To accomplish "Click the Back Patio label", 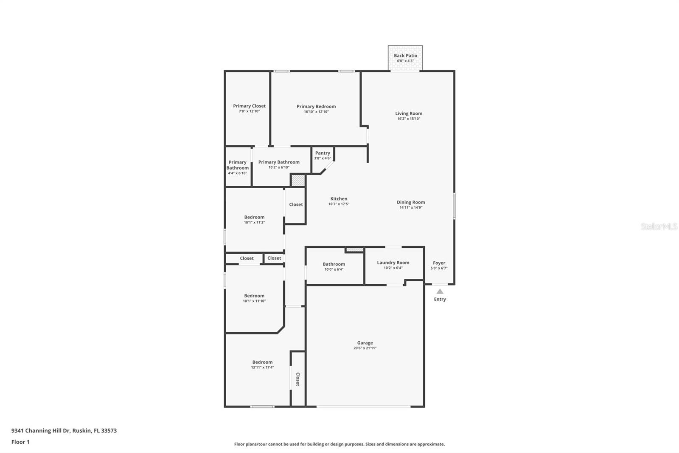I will [405, 56].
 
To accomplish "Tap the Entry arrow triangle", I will [440, 292].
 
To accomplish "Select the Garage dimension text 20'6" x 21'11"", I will [365, 348].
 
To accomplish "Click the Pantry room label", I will [323, 153].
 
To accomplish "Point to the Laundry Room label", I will [393, 263].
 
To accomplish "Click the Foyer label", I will [439, 263].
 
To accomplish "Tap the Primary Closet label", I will [249, 106].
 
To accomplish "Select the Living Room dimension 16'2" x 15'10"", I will [409, 119].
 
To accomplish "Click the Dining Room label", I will [411, 202].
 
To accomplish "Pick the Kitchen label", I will [339, 199].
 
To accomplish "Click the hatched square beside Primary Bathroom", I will [298, 180].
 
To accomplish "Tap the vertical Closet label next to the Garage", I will [297, 379].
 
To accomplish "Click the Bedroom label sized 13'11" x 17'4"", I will [262, 362].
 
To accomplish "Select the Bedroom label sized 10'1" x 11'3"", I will [254, 217].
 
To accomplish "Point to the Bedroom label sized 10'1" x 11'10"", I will [254, 296].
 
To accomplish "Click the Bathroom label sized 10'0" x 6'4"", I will [334, 264].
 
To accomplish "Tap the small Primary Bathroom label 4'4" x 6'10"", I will [237, 165].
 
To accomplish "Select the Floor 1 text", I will [20, 442].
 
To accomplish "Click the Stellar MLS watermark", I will [659, 226].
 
